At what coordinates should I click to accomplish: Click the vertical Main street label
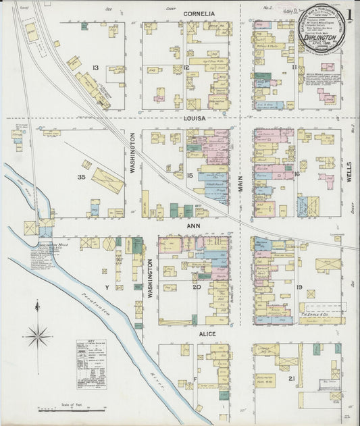pyautogui.click(x=240, y=182)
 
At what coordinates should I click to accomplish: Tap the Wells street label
pyautogui.click(x=349, y=172)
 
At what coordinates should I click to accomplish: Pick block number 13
pyautogui.click(x=96, y=68)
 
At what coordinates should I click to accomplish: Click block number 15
pyautogui.click(x=190, y=176)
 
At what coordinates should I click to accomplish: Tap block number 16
pyautogui.click(x=297, y=174)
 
